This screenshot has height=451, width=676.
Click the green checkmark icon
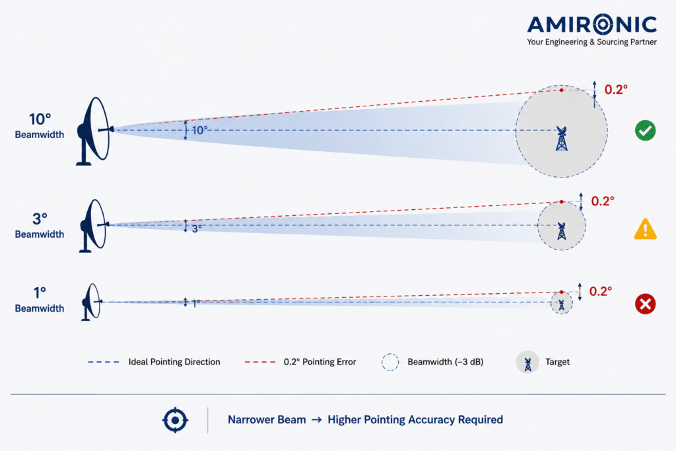coord(645,130)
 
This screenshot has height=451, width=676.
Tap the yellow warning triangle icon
coord(645,229)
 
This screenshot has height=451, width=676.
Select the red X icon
coord(645,304)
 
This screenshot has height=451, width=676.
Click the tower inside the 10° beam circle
coord(561,139)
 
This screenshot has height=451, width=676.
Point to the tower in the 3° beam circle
coord(561,231)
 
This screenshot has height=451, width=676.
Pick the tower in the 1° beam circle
coord(561,304)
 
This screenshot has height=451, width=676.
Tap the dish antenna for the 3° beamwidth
coord(94,226)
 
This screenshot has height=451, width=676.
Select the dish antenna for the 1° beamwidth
coord(91,302)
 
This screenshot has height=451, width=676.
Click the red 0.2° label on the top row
coord(616,89)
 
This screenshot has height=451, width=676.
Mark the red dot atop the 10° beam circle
coord(561,90)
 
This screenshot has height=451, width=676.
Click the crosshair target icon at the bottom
coord(175,419)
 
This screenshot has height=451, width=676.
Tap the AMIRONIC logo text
coord(592,24)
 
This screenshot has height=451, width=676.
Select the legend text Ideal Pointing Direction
coord(174,362)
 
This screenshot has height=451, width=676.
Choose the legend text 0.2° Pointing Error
coord(320,362)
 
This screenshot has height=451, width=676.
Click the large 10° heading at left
coord(40,119)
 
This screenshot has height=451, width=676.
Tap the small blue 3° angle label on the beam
coord(197,228)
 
